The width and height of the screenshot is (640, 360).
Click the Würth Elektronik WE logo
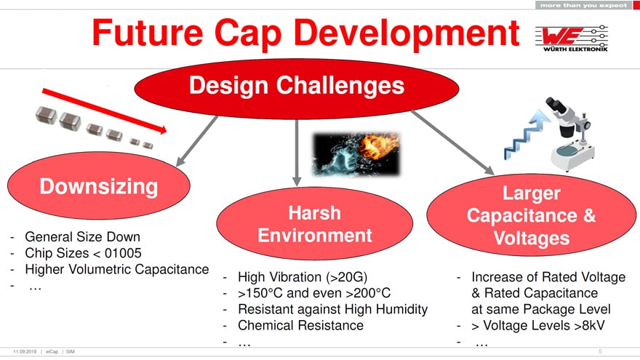point(571,39)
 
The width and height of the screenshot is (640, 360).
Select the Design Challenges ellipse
point(297,89)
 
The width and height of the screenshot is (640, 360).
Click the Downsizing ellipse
point(99,186)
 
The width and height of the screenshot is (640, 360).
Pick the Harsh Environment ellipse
point(315,224)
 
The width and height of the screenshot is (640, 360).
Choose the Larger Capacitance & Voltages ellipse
point(531,215)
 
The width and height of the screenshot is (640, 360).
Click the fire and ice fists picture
point(356,154)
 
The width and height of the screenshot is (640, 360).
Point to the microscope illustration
point(569,134)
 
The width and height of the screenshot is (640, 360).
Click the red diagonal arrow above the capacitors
point(105,111)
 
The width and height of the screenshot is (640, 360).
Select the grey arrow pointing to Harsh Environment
point(297,152)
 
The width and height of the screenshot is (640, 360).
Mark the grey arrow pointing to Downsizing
point(197,141)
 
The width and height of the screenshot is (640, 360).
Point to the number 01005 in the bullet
point(123,253)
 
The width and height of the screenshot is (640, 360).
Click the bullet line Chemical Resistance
point(300,326)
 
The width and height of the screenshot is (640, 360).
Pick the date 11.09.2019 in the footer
point(25,351)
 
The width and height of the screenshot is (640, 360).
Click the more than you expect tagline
point(583,5)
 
